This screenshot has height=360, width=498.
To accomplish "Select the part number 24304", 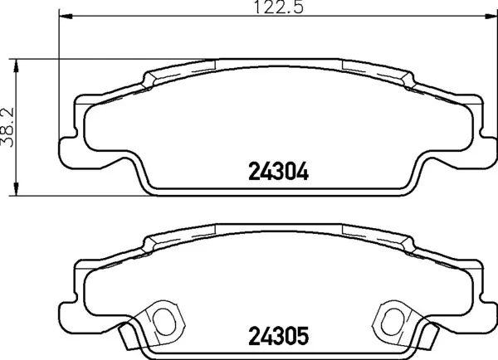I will point(278,173).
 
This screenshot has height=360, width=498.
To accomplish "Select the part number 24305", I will point(278,338).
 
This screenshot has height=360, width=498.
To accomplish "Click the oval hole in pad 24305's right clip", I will point(392,319).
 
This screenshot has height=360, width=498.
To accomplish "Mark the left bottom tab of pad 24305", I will point(126,336).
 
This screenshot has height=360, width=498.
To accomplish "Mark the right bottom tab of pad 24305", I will point(429,336).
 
